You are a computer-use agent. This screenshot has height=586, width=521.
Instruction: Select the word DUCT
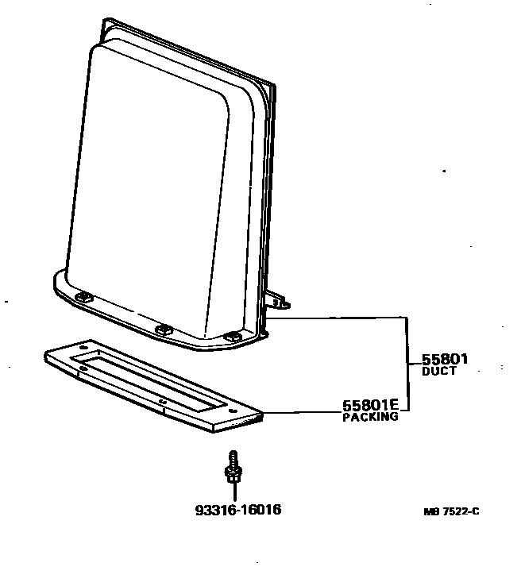coord(438,372)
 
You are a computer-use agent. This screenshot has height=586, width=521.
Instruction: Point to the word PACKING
coord(370,417)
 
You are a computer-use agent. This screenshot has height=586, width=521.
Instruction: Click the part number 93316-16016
coord(237,509)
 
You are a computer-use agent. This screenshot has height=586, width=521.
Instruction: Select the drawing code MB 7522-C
coord(450,511)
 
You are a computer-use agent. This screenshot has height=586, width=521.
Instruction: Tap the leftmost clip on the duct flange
coord(83,297)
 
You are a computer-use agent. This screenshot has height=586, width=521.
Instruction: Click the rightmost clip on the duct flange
coord(231,337)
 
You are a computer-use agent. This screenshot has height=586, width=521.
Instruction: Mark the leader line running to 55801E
coord(302,411)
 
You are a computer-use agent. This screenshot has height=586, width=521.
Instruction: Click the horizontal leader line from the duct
coord(342,318)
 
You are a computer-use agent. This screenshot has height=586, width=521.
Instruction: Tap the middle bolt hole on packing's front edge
coord(163,402)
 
